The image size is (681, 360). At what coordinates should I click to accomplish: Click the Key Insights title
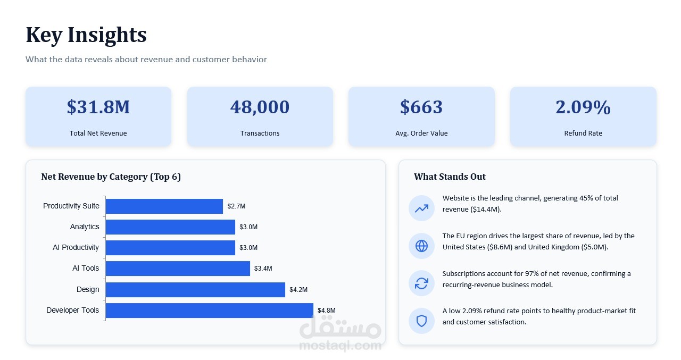pyautogui.click(x=86, y=35)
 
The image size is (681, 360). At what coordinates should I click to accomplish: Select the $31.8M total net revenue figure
pyautogui.click(x=98, y=107)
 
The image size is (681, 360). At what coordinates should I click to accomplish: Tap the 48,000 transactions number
pyautogui.click(x=260, y=107)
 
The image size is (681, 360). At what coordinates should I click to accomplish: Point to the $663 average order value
pyautogui.click(x=421, y=107)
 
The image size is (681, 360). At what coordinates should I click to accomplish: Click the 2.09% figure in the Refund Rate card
pyautogui.click(x=583, y=107)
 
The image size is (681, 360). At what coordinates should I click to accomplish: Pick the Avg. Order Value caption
pyautogui.click(x=421, y=133)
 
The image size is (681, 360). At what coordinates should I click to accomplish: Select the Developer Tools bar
pyautogui.click(x=210, y=310)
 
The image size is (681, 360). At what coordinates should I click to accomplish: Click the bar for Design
pyautogui.click(x=195, y=289)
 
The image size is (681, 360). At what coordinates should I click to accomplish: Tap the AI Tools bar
pyautogui.click(x=178, y=268)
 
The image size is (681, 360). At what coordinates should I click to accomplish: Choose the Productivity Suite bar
pyautogui.click(x=164, y=206)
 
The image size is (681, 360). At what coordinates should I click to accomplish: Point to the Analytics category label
pyautogui.click(x=85, y=227)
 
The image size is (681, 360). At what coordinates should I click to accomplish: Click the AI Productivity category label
pyautogui.click(x=76, y=247)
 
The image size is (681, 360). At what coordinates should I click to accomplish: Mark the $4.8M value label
pyautogui.click(x=327, y=310)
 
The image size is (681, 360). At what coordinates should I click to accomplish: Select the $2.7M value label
pyautogui.click(x=236, y=206)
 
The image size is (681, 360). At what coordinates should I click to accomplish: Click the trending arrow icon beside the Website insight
pyautogui.click(x=422, y=208)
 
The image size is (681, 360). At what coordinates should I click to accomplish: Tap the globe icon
pyautogui.click(x=422, y=246)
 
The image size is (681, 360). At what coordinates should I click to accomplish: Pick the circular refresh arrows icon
pyautogui.click(x=422, y=283)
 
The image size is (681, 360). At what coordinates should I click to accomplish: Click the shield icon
pyautogui.click(x=422, y=321)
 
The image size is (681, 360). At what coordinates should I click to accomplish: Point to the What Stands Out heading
pyautogui.click(x=450, y=177)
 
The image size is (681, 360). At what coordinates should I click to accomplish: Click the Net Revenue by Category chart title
pyautogui.click(x=111, y=177)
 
